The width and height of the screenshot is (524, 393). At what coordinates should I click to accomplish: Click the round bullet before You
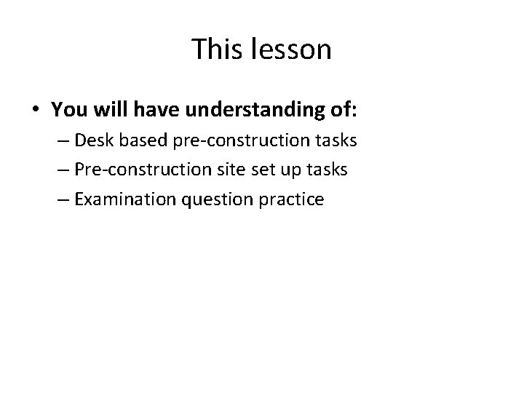tap(36, 109)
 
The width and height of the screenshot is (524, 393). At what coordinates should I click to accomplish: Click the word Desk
tap(92, 140)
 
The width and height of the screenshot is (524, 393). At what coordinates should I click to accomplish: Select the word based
tap(140, 140)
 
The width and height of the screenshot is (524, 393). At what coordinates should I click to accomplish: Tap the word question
tap(215, 199)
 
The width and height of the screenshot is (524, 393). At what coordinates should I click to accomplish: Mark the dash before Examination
tap(62, 199)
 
